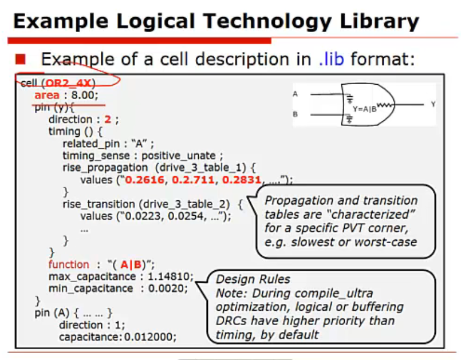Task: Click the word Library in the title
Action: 379,22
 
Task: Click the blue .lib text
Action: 331,59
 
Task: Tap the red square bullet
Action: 21,59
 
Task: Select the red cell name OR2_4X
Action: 68,83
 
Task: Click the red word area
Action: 47,95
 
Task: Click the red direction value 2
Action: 108,119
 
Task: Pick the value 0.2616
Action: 145,180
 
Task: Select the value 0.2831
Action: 242,180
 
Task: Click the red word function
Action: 69,264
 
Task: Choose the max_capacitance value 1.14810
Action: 169,276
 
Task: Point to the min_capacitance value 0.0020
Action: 166,288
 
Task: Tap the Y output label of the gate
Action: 433,104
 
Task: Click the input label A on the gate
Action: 295,94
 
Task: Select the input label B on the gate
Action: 295,114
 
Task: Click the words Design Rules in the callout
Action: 253,279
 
